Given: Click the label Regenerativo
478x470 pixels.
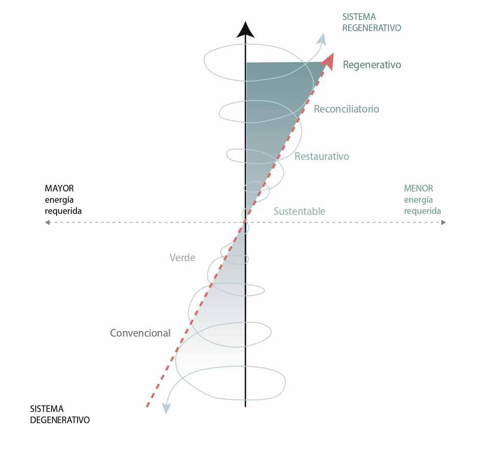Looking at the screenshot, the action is [372, 65].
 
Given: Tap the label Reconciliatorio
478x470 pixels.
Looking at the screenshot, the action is [347, 109].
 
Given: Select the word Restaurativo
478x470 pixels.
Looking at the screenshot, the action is [322, 156].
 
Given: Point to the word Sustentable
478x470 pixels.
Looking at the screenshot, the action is [299, 211].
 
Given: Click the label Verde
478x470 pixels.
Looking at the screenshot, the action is [182, 258].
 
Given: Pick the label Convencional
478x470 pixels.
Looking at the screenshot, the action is [140, 333].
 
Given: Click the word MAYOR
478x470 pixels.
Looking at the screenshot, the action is [59, 188].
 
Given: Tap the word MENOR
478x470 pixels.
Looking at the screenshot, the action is [418, 188].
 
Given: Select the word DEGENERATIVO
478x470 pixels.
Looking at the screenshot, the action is [60, 420].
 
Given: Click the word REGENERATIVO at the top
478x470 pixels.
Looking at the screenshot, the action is [371, 27].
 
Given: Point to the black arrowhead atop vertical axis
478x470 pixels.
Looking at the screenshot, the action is [246, 30].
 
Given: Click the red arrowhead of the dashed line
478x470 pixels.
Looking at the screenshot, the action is [328, 62].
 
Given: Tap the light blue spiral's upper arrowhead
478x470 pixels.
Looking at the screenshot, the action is [322, 40].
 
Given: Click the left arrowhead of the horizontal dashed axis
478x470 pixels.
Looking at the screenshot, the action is [47, 223].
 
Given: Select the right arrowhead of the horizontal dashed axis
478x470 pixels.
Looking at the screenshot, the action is [443, 223].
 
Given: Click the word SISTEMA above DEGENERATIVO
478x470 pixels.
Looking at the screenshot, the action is [47, 409].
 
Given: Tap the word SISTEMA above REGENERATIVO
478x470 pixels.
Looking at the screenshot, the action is [359, 17].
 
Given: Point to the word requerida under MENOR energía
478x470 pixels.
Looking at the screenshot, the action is [422, 211].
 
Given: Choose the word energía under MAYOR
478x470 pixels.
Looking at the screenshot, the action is [59, 200].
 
